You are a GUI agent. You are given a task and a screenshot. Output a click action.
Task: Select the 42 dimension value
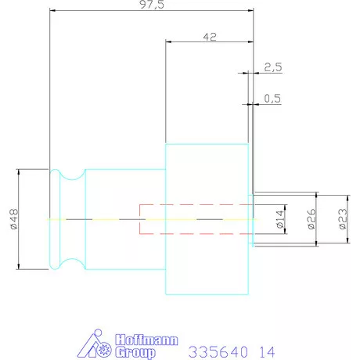tap(210, 35)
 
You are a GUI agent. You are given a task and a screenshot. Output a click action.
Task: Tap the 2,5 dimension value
tap(272, 67)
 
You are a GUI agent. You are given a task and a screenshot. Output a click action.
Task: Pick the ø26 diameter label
tap(311, 220)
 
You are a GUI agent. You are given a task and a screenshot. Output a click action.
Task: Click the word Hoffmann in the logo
tap(147, 340)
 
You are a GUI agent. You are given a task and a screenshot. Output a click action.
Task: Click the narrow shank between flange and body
tap(125, 188)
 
